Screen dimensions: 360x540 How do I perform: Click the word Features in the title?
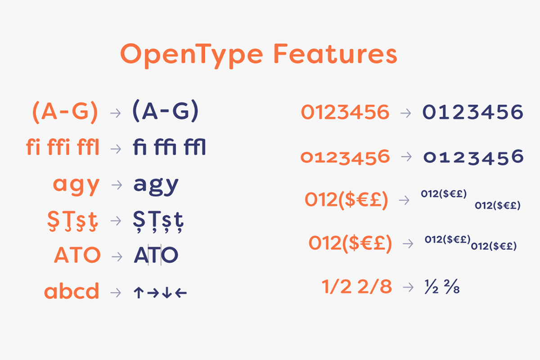[335, 54]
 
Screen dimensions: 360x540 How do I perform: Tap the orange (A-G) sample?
[65, 112]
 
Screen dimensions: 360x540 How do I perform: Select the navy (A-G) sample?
[165, 112]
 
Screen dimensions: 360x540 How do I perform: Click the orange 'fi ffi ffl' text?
[63, 148]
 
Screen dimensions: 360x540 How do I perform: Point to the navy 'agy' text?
[156, 184]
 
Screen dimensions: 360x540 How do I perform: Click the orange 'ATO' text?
[77, 256]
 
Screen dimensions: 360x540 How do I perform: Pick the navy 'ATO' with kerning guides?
[156, 256]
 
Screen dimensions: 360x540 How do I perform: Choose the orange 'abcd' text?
[72, 292]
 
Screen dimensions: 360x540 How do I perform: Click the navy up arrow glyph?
[139, 293]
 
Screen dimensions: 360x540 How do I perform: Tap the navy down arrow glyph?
[166, 293]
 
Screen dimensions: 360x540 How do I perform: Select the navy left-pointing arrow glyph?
[181, 293]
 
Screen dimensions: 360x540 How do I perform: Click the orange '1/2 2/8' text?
[356, 287]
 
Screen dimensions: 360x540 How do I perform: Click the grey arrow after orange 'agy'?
[116, 184]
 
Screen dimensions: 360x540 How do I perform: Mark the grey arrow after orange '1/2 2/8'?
[408, 287]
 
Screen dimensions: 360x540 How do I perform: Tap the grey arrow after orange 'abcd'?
[116, 292]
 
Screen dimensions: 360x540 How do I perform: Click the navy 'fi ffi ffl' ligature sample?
[169, 148]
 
